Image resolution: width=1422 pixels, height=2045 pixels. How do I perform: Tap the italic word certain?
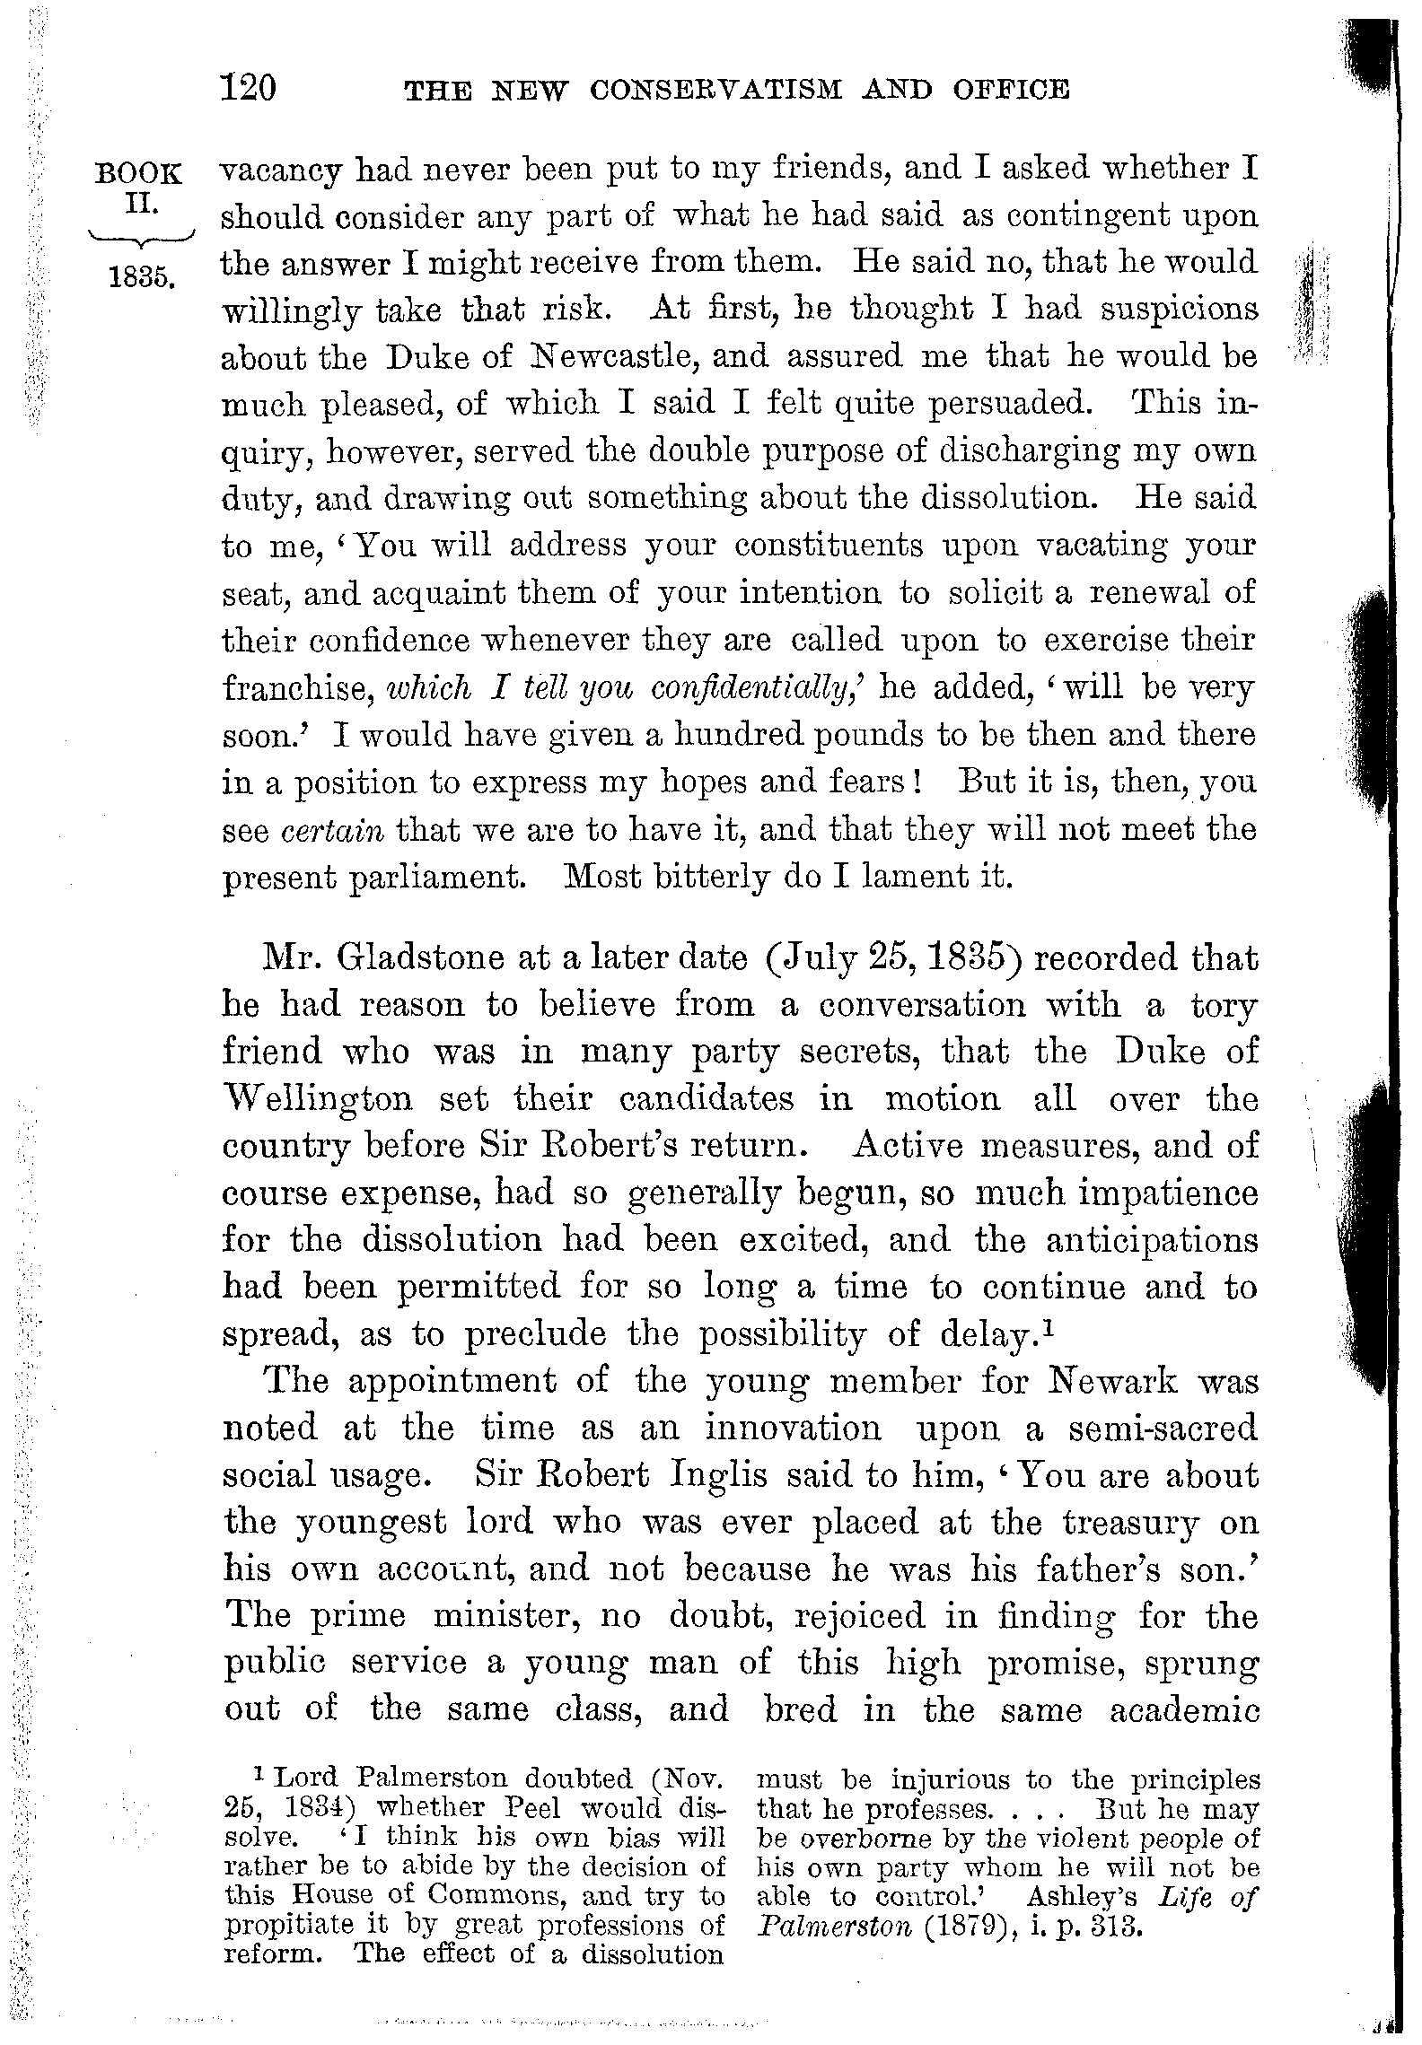point(332,830)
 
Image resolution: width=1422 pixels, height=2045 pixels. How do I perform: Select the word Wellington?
point(318,1099)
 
